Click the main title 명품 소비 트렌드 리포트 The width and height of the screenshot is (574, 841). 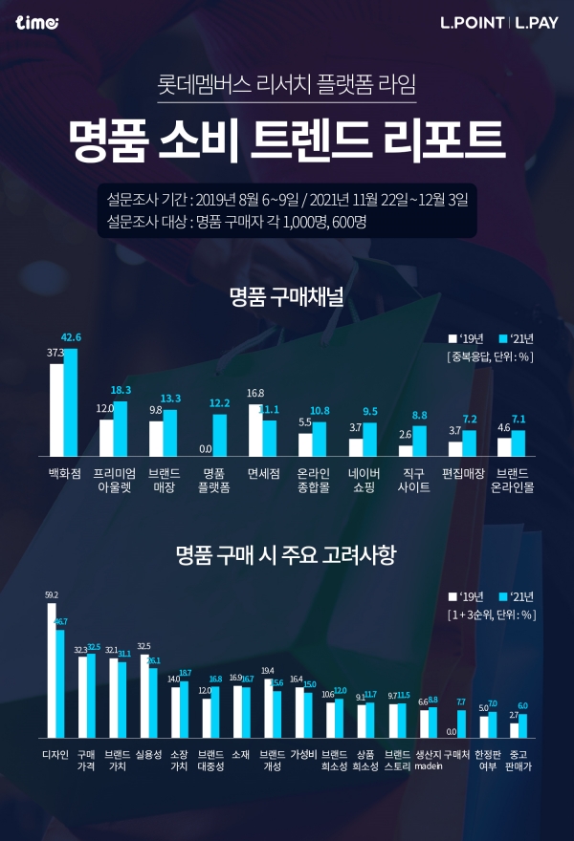tap(286, 140)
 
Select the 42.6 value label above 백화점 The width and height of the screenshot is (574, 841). tap(71, 337)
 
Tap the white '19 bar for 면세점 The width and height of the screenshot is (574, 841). tap(255, 430)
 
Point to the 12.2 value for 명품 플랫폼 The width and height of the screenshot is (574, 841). tap(219, 402)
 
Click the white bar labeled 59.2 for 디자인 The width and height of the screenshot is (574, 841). tap(52, 670)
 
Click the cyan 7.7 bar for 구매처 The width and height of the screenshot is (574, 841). tap(461, 723)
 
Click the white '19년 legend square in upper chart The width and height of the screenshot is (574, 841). tap(453, 338)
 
